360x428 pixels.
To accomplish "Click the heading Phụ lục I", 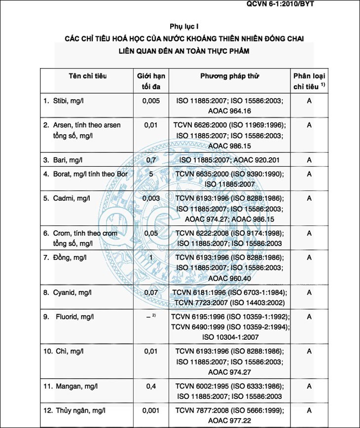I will coord(183,26).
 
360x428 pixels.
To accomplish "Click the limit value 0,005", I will coord(150,101).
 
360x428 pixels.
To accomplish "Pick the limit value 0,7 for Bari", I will coord(150,160).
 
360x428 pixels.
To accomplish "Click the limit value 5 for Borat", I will coord(150,174).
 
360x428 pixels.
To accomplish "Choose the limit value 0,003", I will coord(150,198).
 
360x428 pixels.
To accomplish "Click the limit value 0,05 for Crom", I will coord(150,233).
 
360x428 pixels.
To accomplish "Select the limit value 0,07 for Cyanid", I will coord(150,292).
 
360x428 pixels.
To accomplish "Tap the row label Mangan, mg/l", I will coord(77,386).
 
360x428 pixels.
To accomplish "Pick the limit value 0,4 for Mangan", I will coord(150,386).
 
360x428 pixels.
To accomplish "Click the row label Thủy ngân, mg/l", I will coord(80,410).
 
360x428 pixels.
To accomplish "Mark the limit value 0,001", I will coord(150,410).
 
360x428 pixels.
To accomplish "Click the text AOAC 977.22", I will coord(229,420).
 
